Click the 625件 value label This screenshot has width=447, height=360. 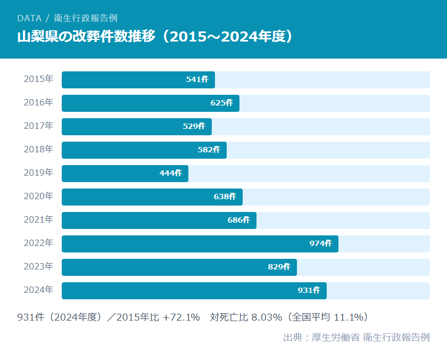click(x=221, y=103)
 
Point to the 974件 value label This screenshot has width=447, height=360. click(x=320, y=244)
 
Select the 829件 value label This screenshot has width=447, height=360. click(x=279, y=267)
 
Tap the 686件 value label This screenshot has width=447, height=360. click(x=238, y=220)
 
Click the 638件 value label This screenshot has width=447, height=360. click(x=225, y=197)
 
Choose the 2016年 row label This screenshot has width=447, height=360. click(x=38, y=103)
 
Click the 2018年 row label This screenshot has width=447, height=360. click(x=38, y=150)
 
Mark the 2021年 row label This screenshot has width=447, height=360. click(x=38, y=220)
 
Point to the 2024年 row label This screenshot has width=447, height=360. click(x=38, y=290)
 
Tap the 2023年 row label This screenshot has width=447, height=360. click(x=38, y=267)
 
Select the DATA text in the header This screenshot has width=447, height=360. click(x=29, y=18)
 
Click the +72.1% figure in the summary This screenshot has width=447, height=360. click(x=181, y=317)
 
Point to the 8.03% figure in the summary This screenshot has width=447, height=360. click(x=267, y=317)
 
